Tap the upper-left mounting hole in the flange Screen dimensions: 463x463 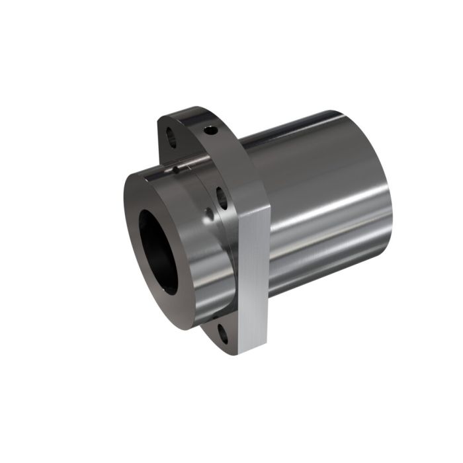tap(170, 139)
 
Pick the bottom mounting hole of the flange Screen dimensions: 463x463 tap(222, 333)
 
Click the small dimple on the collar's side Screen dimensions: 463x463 tap(209, 213)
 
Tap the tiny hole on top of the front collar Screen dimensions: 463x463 tap(177, 169)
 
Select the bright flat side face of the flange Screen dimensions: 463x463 tap(253, 278)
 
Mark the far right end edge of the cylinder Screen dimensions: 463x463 tap(390, 198)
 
